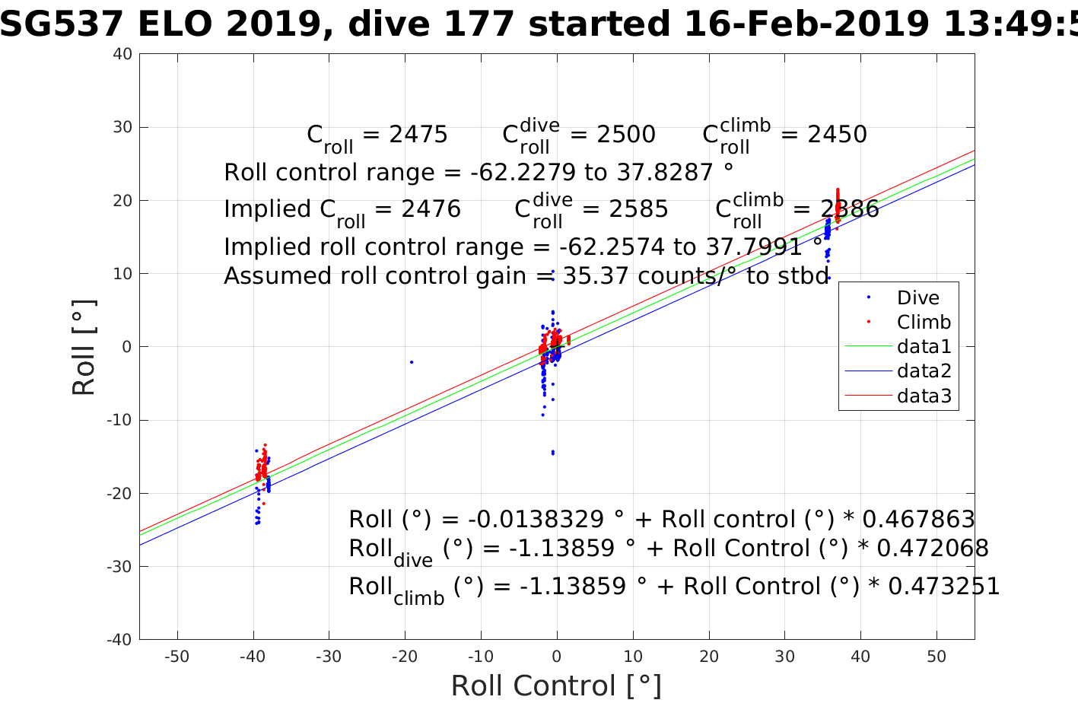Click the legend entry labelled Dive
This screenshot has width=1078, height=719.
[917, 298]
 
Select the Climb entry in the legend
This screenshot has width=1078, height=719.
[924, 323]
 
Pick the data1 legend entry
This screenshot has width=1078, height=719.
[924, 347]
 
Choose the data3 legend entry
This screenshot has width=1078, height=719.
[924, 396]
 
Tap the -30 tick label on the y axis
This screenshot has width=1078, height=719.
[119, 567]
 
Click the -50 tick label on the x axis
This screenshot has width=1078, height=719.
[176, 657]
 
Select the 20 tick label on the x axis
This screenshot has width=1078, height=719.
[709, 657]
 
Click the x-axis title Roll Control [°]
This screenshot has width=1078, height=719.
[556, 686]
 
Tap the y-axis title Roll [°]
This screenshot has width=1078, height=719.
[84, 347]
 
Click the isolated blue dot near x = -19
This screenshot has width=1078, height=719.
[412, 362]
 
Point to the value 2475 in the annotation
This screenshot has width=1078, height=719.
[418, 135]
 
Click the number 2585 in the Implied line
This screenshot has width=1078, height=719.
[638, 209]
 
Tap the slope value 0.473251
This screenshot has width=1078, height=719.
[943, 587]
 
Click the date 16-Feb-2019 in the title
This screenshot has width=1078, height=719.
[806, 25]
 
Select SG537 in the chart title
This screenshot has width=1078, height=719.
[62, 25]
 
